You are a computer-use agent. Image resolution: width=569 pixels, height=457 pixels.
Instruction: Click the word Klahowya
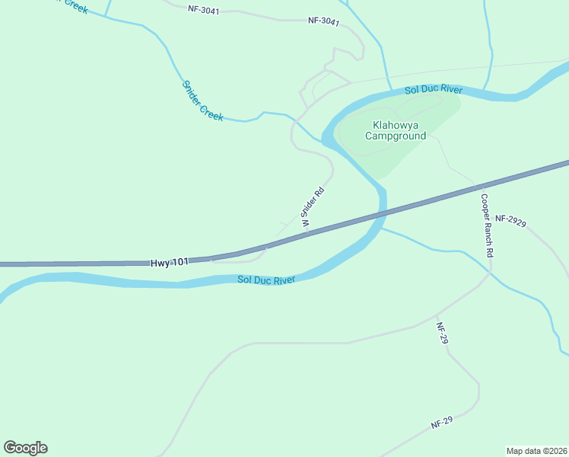(396, 125)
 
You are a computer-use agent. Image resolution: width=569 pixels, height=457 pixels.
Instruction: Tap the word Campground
(396, 136)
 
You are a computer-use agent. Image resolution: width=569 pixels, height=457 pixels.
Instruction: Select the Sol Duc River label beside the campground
(434, 90)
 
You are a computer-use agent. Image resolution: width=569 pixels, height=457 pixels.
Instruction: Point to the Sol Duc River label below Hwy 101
(265, 280)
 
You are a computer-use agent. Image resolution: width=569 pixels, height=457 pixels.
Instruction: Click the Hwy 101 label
(170, 262)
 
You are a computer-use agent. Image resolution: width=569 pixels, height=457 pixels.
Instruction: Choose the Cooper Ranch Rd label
(487, 225)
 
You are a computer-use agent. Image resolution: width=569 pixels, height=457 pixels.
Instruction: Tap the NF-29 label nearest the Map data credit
(441, 421)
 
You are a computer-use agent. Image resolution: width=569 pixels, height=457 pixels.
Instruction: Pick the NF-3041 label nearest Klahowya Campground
(323, 21)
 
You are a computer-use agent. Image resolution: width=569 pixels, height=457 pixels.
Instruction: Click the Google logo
(25, 448)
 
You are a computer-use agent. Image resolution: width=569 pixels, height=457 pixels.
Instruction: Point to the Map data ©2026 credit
(537, 450)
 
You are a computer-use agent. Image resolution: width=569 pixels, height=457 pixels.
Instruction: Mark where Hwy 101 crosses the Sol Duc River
(380, 214)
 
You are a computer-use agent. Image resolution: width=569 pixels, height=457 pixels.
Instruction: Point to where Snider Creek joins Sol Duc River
(323, 141)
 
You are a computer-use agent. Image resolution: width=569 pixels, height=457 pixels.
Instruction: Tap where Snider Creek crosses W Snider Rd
(294, 120)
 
